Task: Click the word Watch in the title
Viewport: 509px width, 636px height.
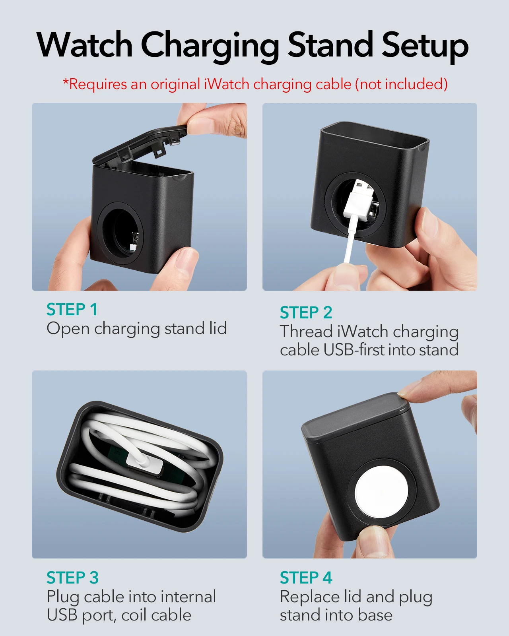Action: [84, 45]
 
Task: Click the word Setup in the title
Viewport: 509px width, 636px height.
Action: [425, 47]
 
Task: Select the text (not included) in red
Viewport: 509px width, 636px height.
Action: [401, 84]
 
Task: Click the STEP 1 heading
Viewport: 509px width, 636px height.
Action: [72, 309]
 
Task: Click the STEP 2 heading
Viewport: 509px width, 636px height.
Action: [306, 312]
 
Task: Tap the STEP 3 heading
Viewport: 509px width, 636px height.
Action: [72, 578]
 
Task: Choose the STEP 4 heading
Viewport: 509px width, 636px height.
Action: [306, 578]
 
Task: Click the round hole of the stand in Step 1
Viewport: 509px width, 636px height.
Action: [121, 230]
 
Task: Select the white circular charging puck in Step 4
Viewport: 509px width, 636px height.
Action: [381, 493]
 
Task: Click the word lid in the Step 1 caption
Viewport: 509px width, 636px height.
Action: [218, 328]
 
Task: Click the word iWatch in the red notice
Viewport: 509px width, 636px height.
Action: [227, 84]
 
